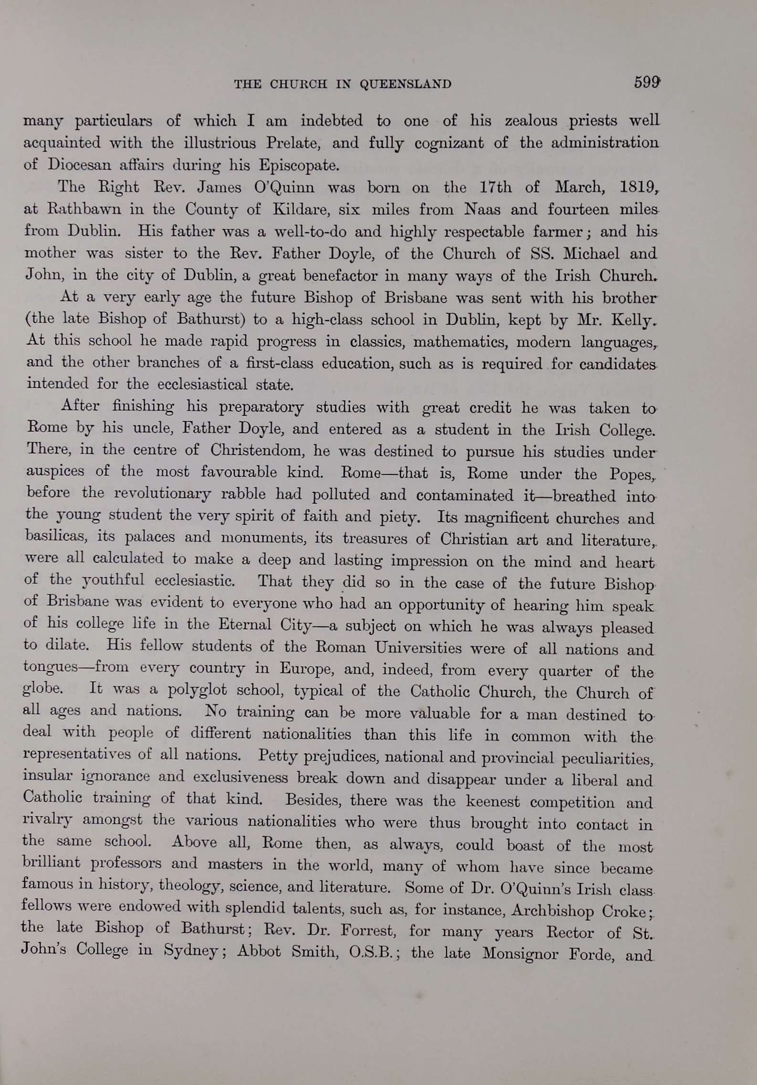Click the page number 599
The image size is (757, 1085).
coord(647,83)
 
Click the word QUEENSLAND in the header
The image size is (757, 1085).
coord(405,84)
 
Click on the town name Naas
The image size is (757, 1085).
coord(482,209)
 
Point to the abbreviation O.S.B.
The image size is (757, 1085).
coord(374,952)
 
